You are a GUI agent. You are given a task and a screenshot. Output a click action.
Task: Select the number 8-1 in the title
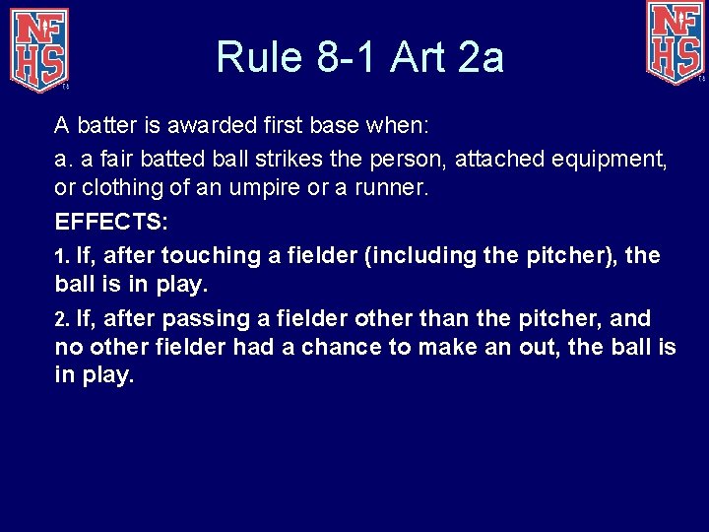click(x=348, y=57)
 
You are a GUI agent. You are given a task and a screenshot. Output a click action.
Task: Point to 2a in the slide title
click(x=480, y=57)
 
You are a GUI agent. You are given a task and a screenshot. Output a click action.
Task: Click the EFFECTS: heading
click(x=111, y=221)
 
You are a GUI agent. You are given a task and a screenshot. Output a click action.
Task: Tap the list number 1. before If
click(x=62, y=256)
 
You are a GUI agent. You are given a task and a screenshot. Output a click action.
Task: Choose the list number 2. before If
click(x=62, y=319)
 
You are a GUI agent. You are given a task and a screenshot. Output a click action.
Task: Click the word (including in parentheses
click(x=427, y=256)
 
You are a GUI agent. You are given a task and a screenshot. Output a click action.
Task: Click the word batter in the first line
click(x=103, y=125)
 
